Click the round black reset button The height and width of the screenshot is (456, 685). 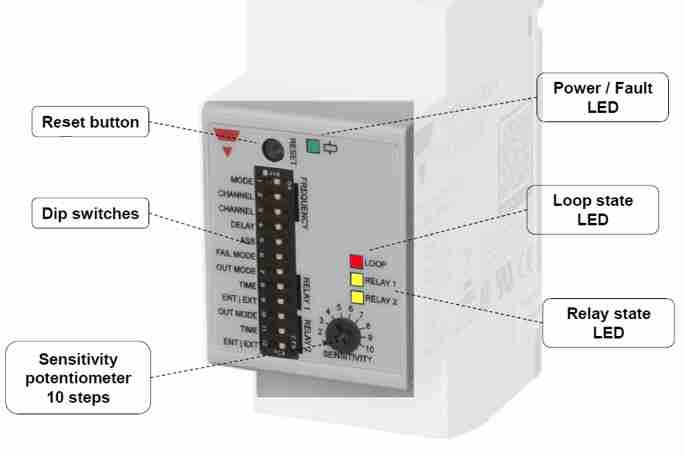(x=270, y=150)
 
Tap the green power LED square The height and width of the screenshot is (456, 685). (x=314, y=150)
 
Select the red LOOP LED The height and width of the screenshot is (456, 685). (x=355, y=262)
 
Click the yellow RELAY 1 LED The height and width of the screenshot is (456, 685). (x=355, y=280)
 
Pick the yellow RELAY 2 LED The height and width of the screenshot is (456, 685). (x=355, y=298)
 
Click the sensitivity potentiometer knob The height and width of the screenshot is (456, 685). (x=339, y=334)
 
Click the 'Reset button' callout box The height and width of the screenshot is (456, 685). (x=91, y=124)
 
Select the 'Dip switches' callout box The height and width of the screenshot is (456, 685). (x=91, y=212)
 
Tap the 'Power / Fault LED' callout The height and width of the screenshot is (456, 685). (x=604, y=97)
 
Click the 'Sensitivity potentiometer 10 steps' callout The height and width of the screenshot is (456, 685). (x=78, y=376)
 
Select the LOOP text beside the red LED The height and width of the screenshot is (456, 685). (x=375, y=263)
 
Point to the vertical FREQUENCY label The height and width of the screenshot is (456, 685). (x=298, y=200)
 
